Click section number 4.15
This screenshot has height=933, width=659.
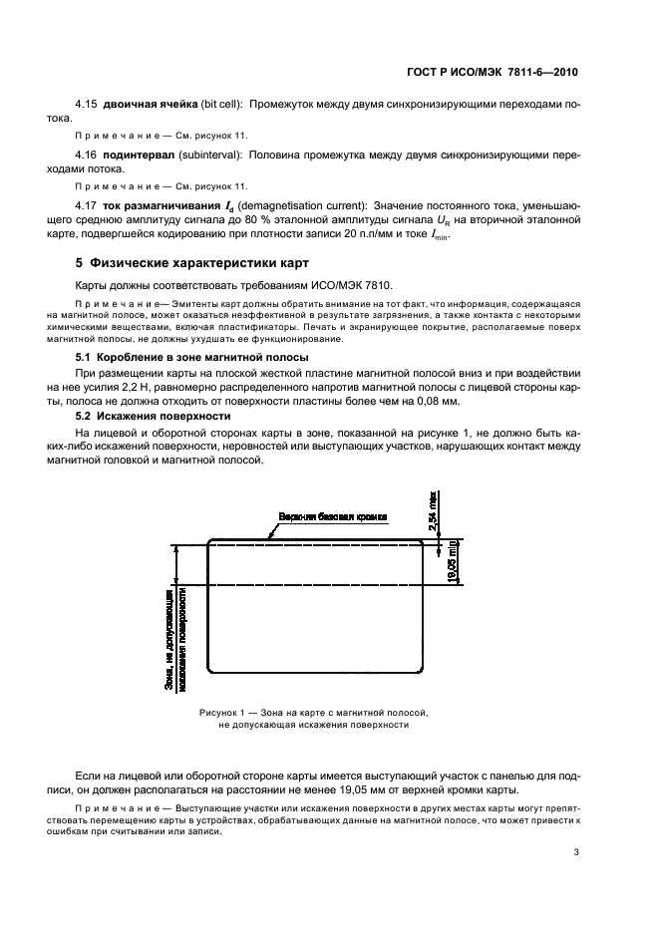pos(89,105)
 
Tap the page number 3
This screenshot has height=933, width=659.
pos(575,852)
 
